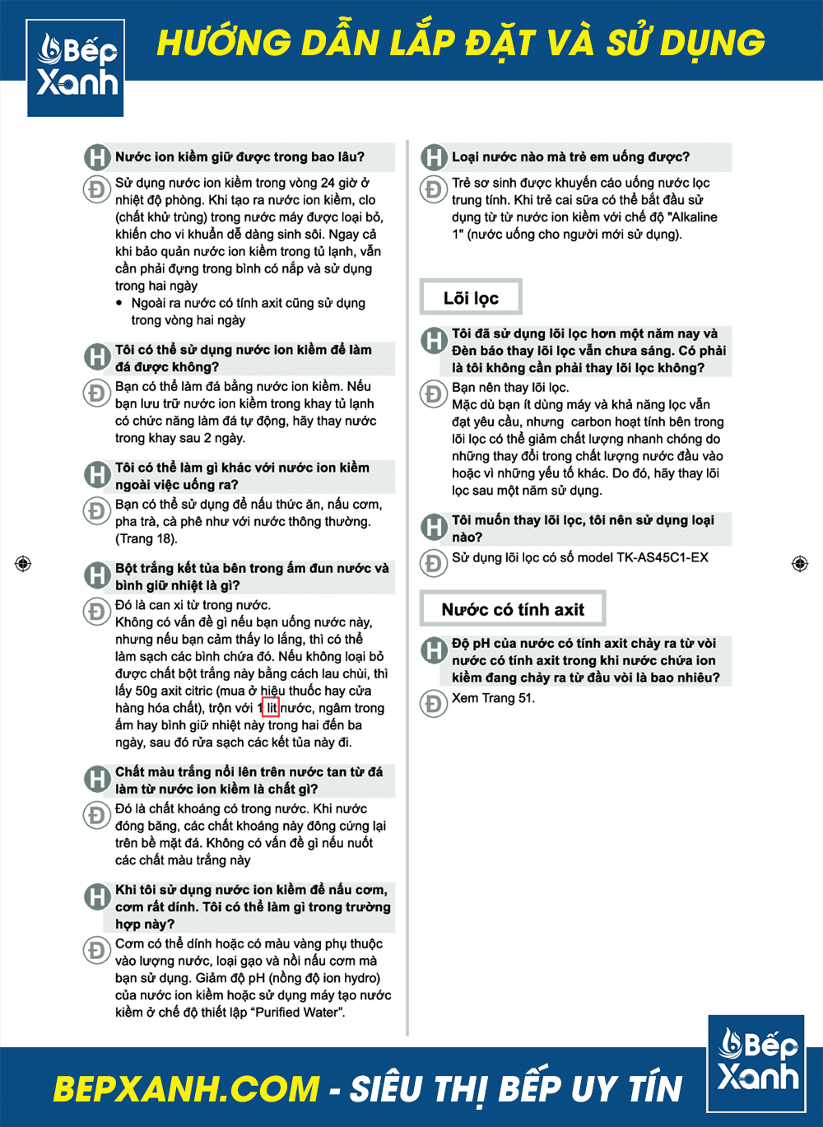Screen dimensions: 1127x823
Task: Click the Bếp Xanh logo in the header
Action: pos(76,68)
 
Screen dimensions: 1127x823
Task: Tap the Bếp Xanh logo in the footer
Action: pos(756,1063)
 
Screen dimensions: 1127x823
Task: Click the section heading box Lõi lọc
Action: pos(471,298)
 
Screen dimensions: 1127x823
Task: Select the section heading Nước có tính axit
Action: pos(513,609)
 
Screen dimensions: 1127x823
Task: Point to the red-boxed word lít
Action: pos(271,708)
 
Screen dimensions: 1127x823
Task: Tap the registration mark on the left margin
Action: pos(23,563)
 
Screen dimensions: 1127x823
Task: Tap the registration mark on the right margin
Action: pos(799,563)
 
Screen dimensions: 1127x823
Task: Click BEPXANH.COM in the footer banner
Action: pos(186,1088)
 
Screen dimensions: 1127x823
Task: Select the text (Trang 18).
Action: pos(146,538)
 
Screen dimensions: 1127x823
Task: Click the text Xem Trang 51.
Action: pos(493,698)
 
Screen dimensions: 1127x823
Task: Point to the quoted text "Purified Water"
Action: pos(290,1012)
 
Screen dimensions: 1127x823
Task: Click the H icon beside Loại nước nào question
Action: pos(434,156)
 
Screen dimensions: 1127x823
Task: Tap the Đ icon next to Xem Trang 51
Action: pos(433,703)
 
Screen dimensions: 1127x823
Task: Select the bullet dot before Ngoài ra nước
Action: pos(120,303)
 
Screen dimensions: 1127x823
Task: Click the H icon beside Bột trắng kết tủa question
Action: pos(97,575)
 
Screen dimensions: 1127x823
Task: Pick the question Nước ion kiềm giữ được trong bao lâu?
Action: pos(239,156)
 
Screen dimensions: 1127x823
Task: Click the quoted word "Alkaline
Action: pos(685,217)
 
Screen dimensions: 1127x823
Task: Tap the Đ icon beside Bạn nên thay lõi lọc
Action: pos(433,393)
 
